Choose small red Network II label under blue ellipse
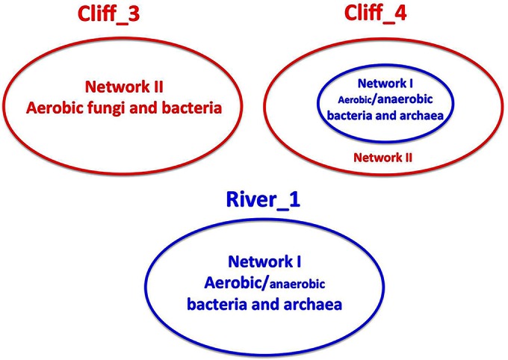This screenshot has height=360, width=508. (382, 158)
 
